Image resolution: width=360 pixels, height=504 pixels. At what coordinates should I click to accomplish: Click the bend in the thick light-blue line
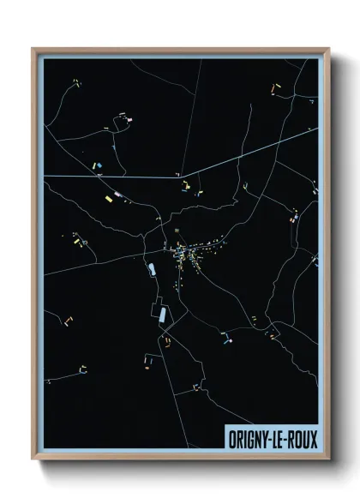click(181, 171)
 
